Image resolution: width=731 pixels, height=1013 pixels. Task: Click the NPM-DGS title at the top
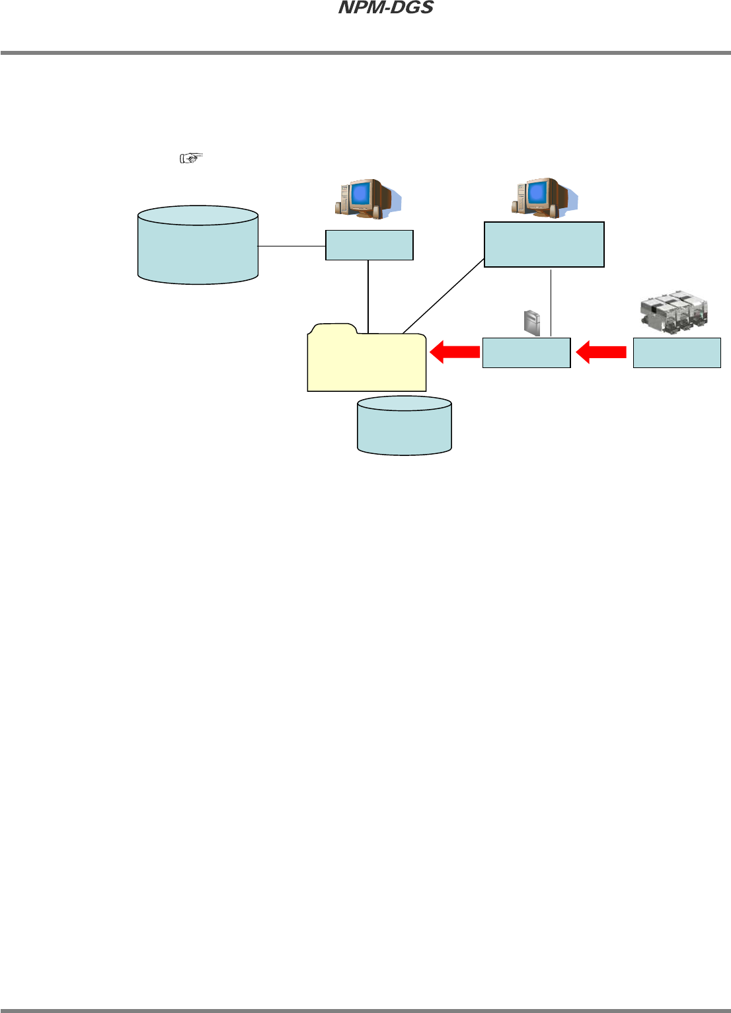tap(386, 8)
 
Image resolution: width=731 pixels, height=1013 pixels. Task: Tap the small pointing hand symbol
tap(190, 158)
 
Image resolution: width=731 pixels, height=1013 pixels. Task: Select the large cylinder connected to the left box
tap(198, 245)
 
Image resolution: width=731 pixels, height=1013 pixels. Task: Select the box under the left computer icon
tap(369, 245)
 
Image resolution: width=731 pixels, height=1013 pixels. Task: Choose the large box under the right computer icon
tap(544, 244)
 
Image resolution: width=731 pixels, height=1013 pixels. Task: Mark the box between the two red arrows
tap(526, 353)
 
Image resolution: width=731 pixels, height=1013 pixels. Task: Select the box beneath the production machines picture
tap(677, 353)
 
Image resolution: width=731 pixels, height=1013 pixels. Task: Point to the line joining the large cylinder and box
tap(291, 246)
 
